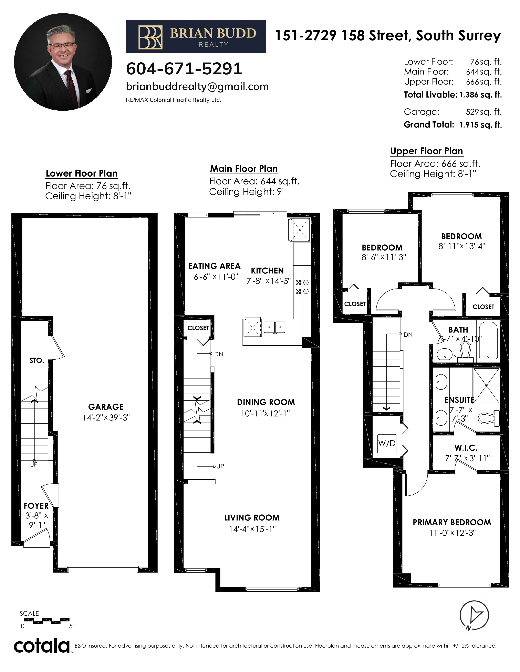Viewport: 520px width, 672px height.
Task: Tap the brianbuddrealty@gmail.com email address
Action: (197, 87)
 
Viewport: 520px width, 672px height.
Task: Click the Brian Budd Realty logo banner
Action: (196, 36)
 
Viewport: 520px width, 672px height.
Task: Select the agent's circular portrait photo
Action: (63, 62)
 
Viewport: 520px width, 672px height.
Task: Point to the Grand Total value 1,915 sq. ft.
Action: (480, 125)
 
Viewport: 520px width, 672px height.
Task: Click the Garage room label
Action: (106, 407)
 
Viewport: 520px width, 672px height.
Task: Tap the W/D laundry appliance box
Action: (387, 443)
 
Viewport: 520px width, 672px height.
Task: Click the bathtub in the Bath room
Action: (488, 341)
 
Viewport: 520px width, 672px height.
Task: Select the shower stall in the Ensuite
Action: (486, 385)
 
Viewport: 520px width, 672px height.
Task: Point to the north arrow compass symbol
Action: (474, 615)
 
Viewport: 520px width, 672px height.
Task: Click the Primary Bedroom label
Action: (452, 523)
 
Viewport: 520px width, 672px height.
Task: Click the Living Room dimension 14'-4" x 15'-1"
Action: (252, 529)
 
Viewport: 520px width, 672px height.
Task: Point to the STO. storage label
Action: (37, 361)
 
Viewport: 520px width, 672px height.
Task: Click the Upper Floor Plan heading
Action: (427, 151)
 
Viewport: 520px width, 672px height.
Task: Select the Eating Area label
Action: (214, 266)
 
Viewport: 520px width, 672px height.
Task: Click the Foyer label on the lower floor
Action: (36, 506)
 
